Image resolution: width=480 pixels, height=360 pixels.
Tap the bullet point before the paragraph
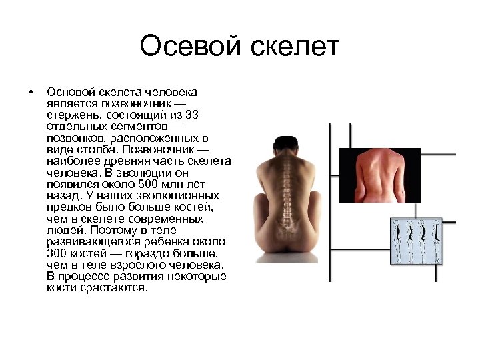tap(31, 91)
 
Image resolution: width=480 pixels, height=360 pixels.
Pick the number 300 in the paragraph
tap(57, 253)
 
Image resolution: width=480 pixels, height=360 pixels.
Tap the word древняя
tap(129, 161)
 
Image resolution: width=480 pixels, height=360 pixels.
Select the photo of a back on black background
tap(380, 175)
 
